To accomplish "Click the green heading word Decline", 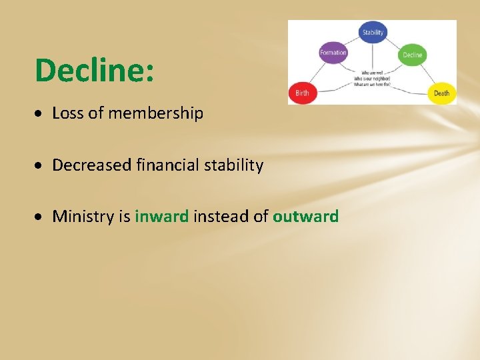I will pyautogui.click(x=95, y=70).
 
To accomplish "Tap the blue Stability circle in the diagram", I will pyautogui.click(x=373, y=32).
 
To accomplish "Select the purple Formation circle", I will pyautogui.click(x=333, y=53).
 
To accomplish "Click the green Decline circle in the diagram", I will pyautogui.click(x=413, y=55).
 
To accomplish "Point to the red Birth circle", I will pyautogui.click(x=302, y=93).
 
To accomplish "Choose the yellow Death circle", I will pyautogui.click(x=441, y=93).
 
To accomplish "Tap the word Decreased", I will pyautogui.click(x=91, y=165).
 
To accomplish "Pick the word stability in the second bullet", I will pyautogui.click(x=233, y=165).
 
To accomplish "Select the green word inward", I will pyautogui.click(x=162, y=216).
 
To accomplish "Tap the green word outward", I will pyautogui.click(x=305, y=216).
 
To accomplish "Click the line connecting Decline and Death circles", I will pyautogui.click(x=427, y=74).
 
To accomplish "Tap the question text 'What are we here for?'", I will pyautogui.click(x=372, y=84).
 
